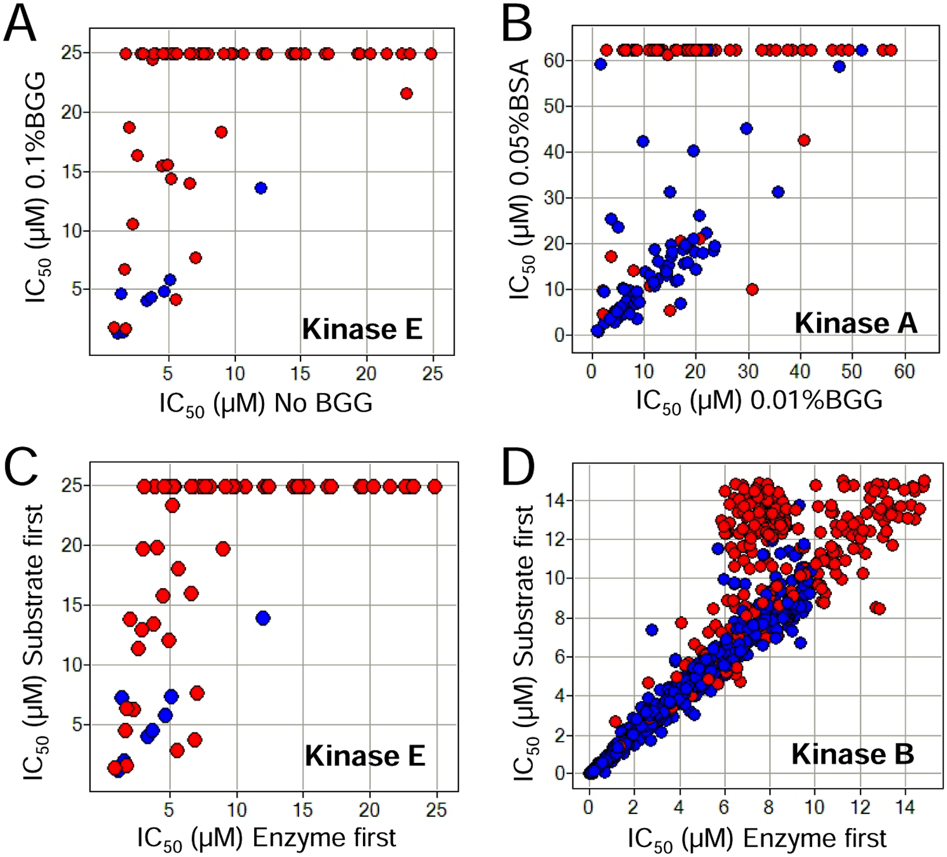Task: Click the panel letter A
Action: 21,23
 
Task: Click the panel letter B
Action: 516,23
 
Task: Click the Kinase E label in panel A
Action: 362,329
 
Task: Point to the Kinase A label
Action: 856,323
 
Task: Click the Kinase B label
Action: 853,754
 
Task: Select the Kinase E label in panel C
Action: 365,756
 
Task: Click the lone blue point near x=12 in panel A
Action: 261,188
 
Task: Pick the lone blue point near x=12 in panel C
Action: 263,618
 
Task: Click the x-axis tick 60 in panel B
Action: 905,371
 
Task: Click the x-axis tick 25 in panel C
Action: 436,810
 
